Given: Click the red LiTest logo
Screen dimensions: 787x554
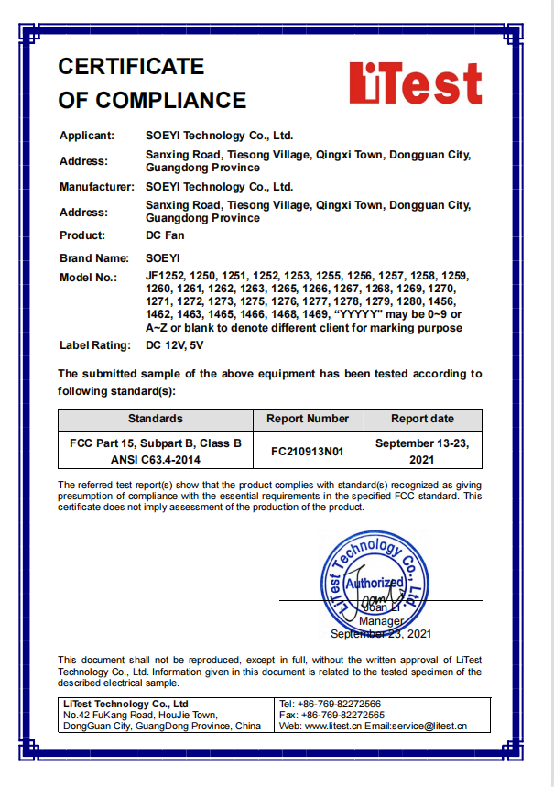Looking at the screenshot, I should coord(415,83).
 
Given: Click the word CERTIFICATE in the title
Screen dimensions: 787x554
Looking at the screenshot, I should coord(131,66).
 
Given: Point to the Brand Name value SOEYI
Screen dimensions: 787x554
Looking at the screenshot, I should coord(166,257).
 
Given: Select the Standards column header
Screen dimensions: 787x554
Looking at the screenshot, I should coord(155,419).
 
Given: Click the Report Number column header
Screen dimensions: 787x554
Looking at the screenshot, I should coord(308,419).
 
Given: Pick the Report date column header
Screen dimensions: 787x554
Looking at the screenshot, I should coord(422,419).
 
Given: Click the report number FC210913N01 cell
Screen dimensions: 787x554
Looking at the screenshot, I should coord(308,451).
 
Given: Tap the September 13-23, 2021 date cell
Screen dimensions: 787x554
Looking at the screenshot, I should coord(422,451).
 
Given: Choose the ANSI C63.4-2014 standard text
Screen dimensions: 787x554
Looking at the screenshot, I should coord(156,459).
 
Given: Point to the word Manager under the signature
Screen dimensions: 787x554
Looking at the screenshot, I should coord(381,621).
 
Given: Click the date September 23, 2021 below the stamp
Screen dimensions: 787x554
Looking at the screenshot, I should coord(381,634).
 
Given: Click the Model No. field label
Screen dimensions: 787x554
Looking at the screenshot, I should coord(90,277).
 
